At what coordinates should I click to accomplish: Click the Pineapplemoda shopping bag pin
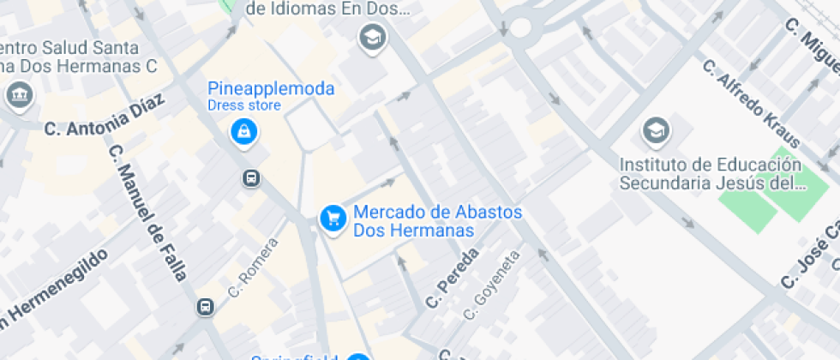pos(244,131)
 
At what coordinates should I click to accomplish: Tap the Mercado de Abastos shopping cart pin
pos(333,219)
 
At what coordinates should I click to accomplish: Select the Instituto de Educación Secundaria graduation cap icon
pos(656,131)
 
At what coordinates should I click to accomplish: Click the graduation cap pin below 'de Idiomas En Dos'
pos(372,37)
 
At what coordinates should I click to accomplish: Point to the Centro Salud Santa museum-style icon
pos(18,94)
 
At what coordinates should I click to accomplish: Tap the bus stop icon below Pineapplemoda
pos(251,178)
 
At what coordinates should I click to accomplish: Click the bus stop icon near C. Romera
pos(206,307)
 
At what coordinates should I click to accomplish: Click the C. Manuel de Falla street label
pos(147,213)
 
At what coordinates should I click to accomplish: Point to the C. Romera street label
pos(254,267)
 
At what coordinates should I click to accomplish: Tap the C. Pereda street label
pos(451,279)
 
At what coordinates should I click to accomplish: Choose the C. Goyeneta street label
pos(492,285)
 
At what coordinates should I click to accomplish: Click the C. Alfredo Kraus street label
pos(751,103)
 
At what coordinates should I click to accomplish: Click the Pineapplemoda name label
pos(271,88)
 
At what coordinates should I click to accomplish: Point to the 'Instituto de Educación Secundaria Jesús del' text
pos(711,173)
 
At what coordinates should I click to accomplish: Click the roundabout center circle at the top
pos(520,27)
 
